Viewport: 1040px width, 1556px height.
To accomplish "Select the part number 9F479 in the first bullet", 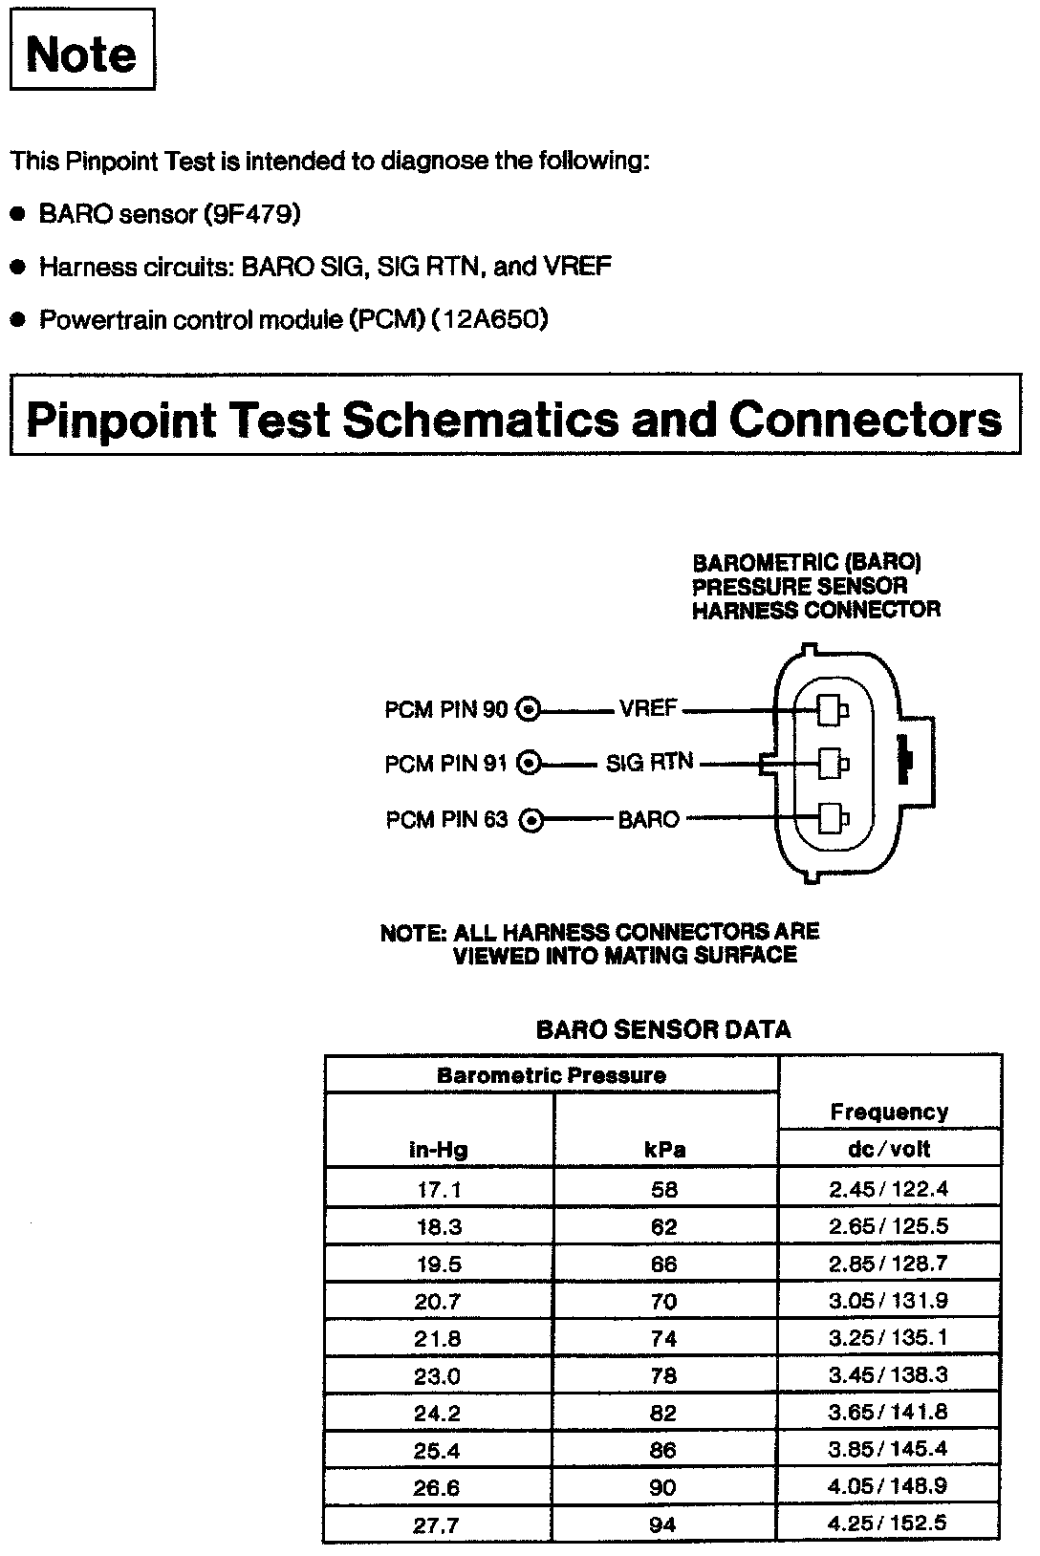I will click(x=251, y=214).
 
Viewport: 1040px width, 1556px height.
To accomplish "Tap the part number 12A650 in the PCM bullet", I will click(x=489, y=318).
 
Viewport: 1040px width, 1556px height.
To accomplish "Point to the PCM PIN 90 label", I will click(x=445, y=710).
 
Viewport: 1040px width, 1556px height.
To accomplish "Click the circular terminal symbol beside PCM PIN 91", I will click(x=529, y=764).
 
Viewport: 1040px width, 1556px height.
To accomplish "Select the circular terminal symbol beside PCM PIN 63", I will click(x=531, y=820).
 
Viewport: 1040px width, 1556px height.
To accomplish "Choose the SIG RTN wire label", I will click(x=649, y=764).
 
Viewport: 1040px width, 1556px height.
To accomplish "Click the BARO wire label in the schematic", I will click(x=648, y=819).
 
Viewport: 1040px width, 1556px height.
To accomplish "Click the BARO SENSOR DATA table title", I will click(x=662, y=1029).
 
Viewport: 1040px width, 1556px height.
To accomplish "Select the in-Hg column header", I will click(x=438, y=1149).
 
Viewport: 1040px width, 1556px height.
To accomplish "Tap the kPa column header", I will click(x=663, y=1149).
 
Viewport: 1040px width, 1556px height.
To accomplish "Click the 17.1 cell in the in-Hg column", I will click(x=438, y=1190).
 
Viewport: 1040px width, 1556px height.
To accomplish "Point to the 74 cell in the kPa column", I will click(x=663, y=1338).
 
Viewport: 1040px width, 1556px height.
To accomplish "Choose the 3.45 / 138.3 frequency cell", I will click(x=888, y=1375).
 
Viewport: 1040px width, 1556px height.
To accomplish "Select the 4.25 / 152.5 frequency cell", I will click(x=888, y=1524).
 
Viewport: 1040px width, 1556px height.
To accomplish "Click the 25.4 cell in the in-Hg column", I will click(x=438, y=1450).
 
